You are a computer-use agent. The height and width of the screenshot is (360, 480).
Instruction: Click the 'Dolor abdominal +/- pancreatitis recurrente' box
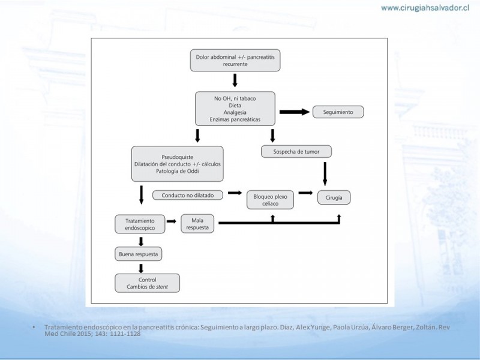pyautogui.click(x=235, y=61)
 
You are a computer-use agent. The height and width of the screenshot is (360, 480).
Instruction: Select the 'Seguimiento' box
pyautogui.click(x=338, y=112)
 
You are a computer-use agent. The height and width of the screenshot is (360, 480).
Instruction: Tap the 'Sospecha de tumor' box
pyautogui.click(x=296, y=152)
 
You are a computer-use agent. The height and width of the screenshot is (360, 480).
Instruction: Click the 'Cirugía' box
pyautogui.click(x=334, y=197)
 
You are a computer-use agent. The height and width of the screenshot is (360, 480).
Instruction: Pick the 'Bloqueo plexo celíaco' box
pyautogui.click(x=271, y=200)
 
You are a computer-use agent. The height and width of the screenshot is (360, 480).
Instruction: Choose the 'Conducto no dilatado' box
pyautogui.click(x=188, y=196)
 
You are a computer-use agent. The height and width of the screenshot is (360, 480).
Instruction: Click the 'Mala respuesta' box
pyautogui.click(x=197, y=224)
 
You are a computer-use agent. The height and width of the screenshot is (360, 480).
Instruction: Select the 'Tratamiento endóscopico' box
pyautogui.click(x=140, y=224)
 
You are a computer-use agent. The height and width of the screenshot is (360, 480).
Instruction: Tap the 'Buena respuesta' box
pyautogui.click(x=139, y=254)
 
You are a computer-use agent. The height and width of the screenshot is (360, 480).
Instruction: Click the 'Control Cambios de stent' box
pyautogui.click(x=147, y=283)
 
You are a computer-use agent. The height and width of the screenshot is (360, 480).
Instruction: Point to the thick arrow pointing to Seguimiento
pyautogui.click(x=295, y=112)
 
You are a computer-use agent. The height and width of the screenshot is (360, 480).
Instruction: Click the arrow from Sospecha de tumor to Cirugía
pyautogui.click(x=325, y=174)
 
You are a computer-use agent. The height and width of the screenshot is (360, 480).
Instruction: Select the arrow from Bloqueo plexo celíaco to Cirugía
pyautogui.click(x=305, y=193)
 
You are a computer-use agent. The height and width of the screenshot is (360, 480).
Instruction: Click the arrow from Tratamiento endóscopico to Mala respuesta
pyautogui.click(x=172, y=221)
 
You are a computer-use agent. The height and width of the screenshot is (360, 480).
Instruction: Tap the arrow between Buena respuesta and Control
pyautogui.click(x=141, y=268)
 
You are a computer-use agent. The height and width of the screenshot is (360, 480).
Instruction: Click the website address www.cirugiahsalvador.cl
pyautogui.click(x=425, y=8)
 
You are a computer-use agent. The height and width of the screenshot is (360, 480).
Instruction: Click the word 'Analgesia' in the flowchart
pyautogui.click(x=235, y=112)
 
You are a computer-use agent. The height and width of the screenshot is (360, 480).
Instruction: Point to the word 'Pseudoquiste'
pyautogui.click(x=177, y=157)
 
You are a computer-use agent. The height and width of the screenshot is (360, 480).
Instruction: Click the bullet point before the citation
pyautogui.click(x=34, y=328)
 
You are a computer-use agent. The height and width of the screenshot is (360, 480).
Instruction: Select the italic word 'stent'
pyautogui.click(x=162, y=287)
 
